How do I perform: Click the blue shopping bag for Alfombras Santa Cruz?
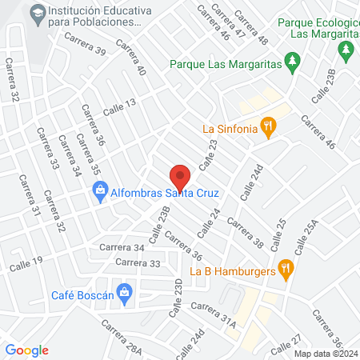[x=99, y=191]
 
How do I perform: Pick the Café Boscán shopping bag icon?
[x=124, y=294]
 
